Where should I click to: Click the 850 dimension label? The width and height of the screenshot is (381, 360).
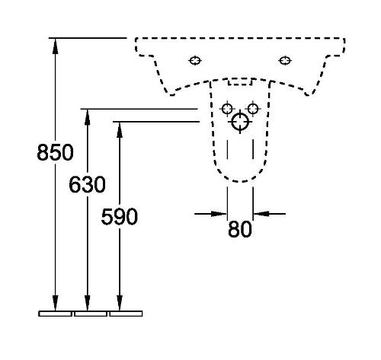[55, 152]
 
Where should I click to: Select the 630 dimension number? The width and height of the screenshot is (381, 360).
[87, 185]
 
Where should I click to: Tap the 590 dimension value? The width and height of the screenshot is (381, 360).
[120, 217]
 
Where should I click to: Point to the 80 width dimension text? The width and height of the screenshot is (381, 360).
[240, 229]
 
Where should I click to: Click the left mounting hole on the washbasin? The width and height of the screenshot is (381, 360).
[195, 61]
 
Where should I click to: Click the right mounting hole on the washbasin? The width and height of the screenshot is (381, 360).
[285, 61]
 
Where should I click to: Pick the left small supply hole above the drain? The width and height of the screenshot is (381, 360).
[227, 109]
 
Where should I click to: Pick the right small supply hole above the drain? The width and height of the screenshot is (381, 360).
[253, 109]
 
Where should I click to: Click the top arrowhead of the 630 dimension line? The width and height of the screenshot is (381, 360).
[88, 117]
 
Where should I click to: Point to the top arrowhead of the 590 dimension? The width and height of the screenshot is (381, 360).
[120, 130]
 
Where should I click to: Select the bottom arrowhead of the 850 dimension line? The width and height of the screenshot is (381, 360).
[55, 303]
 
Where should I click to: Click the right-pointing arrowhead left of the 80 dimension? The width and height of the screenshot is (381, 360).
[219, 214]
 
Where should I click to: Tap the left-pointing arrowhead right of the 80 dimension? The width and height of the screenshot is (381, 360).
[261, 214]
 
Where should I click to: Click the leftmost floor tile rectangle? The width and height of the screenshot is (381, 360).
[56, 314]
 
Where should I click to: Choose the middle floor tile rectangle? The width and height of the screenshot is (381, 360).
[91, 314]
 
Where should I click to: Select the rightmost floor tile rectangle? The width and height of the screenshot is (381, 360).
[126, 314]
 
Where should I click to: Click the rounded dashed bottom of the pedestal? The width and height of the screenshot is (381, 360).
[240, 181]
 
